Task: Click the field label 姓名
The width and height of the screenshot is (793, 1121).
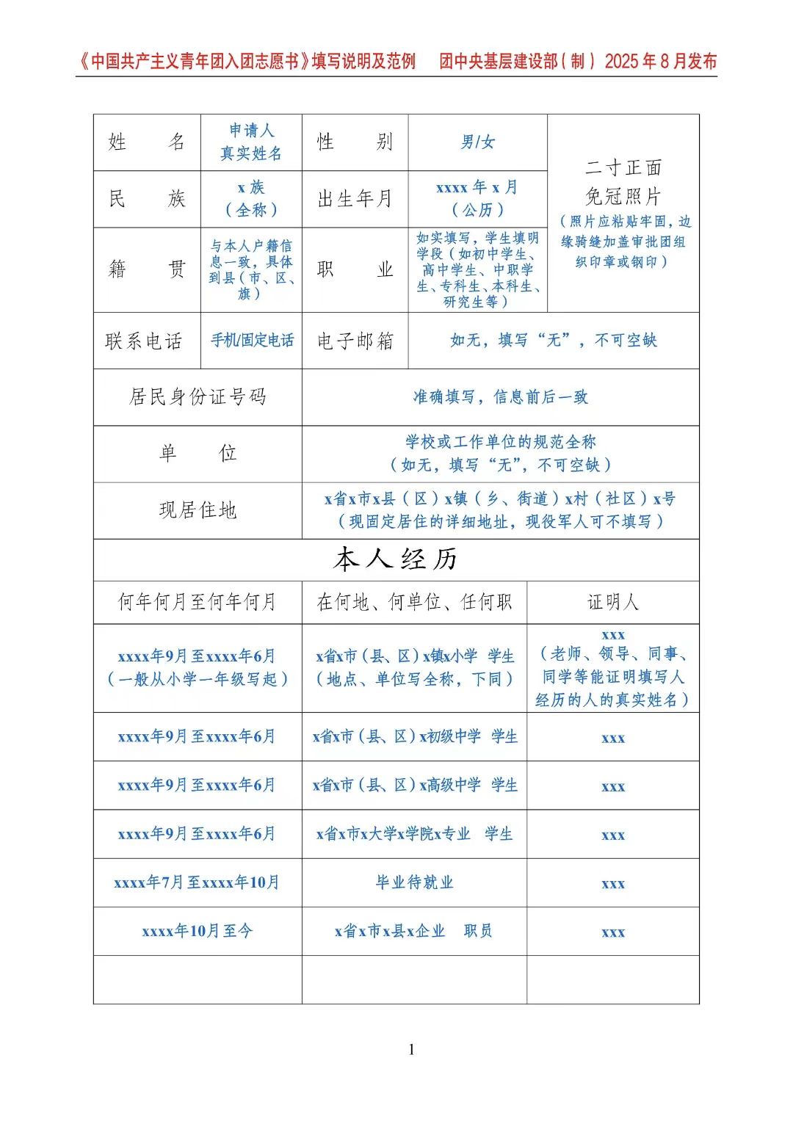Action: click(146, 142)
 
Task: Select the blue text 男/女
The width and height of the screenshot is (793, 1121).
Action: click(477, 142)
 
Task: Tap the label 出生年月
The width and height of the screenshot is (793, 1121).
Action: click(355, 198)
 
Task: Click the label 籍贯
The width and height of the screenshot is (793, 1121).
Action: click(146, 269)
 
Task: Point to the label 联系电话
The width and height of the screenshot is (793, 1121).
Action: click(144, 341)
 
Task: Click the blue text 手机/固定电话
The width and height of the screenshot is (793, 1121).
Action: click(252, 341)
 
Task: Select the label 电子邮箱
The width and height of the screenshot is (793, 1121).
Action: click(355, 341)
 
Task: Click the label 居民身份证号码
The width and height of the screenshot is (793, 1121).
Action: click(197, 396)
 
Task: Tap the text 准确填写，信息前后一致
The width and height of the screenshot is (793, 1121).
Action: click(500, 396)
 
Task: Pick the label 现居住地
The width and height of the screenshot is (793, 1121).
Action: click(197, 509)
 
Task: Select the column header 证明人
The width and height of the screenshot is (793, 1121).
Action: click(612, 602)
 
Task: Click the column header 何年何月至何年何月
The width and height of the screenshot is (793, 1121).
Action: click(197, 602)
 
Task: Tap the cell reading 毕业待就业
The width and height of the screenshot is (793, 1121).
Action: click(414, 882)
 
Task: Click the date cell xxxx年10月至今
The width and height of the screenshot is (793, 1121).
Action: click(197, 931)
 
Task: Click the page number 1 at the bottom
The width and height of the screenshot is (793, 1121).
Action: click(411, 1050)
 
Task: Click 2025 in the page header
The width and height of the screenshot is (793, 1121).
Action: click(622, 62)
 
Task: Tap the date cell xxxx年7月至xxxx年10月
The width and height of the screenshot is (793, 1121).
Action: click(197, 882)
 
